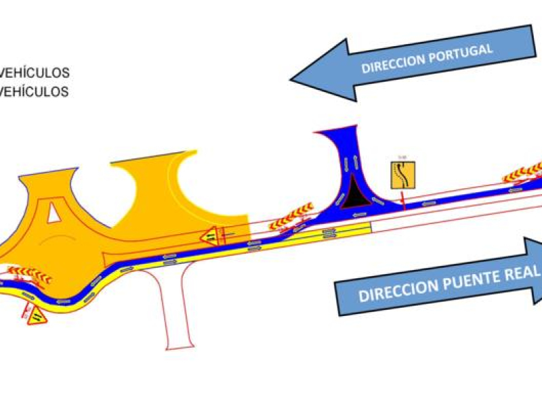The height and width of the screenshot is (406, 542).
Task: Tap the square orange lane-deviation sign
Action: pyautogui.click(x=402, y=175)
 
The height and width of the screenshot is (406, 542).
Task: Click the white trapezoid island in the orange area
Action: pyautogui.click(x=53, y=214)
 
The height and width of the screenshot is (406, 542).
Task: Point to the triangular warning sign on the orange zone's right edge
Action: pyautogui.click(x=211, y=235)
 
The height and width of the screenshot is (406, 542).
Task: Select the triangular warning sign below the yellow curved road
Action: pyautogui.click(x=37, y=315)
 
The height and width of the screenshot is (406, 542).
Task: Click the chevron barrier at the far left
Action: pyautogui.click(x=30, y=274)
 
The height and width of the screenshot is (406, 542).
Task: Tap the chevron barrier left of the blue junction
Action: pyautogui.click(x=291, y=216)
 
